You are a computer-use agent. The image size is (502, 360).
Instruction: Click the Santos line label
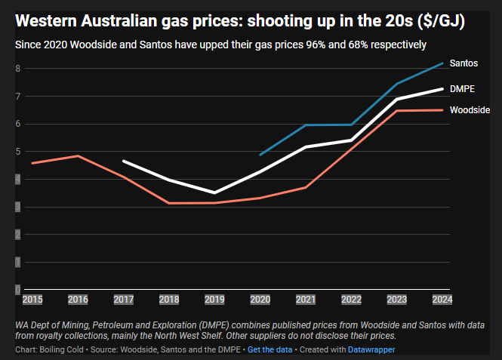point(464,62)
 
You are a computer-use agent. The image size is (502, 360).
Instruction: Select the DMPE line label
point(462,89)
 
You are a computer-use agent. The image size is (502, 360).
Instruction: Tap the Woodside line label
point(470,110)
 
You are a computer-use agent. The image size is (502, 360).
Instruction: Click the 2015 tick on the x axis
point(32,300)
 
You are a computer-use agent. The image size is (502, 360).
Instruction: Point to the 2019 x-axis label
point(214,300)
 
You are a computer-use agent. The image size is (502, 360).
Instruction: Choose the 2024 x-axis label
point(442,300)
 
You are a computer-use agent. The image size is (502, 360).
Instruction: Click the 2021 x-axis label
point(305,300)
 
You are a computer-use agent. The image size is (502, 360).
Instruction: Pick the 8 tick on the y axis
point(17,69)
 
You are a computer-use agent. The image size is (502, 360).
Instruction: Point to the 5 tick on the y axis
point(17,152)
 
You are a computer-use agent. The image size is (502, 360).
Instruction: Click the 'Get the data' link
point(269,350)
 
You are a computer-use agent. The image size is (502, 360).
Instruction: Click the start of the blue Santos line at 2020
point(260,155)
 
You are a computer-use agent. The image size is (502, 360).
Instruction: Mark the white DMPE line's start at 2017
point(123,161)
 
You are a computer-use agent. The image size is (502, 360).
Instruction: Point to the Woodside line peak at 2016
point(78,155)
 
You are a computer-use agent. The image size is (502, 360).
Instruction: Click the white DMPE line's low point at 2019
point(214,192)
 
